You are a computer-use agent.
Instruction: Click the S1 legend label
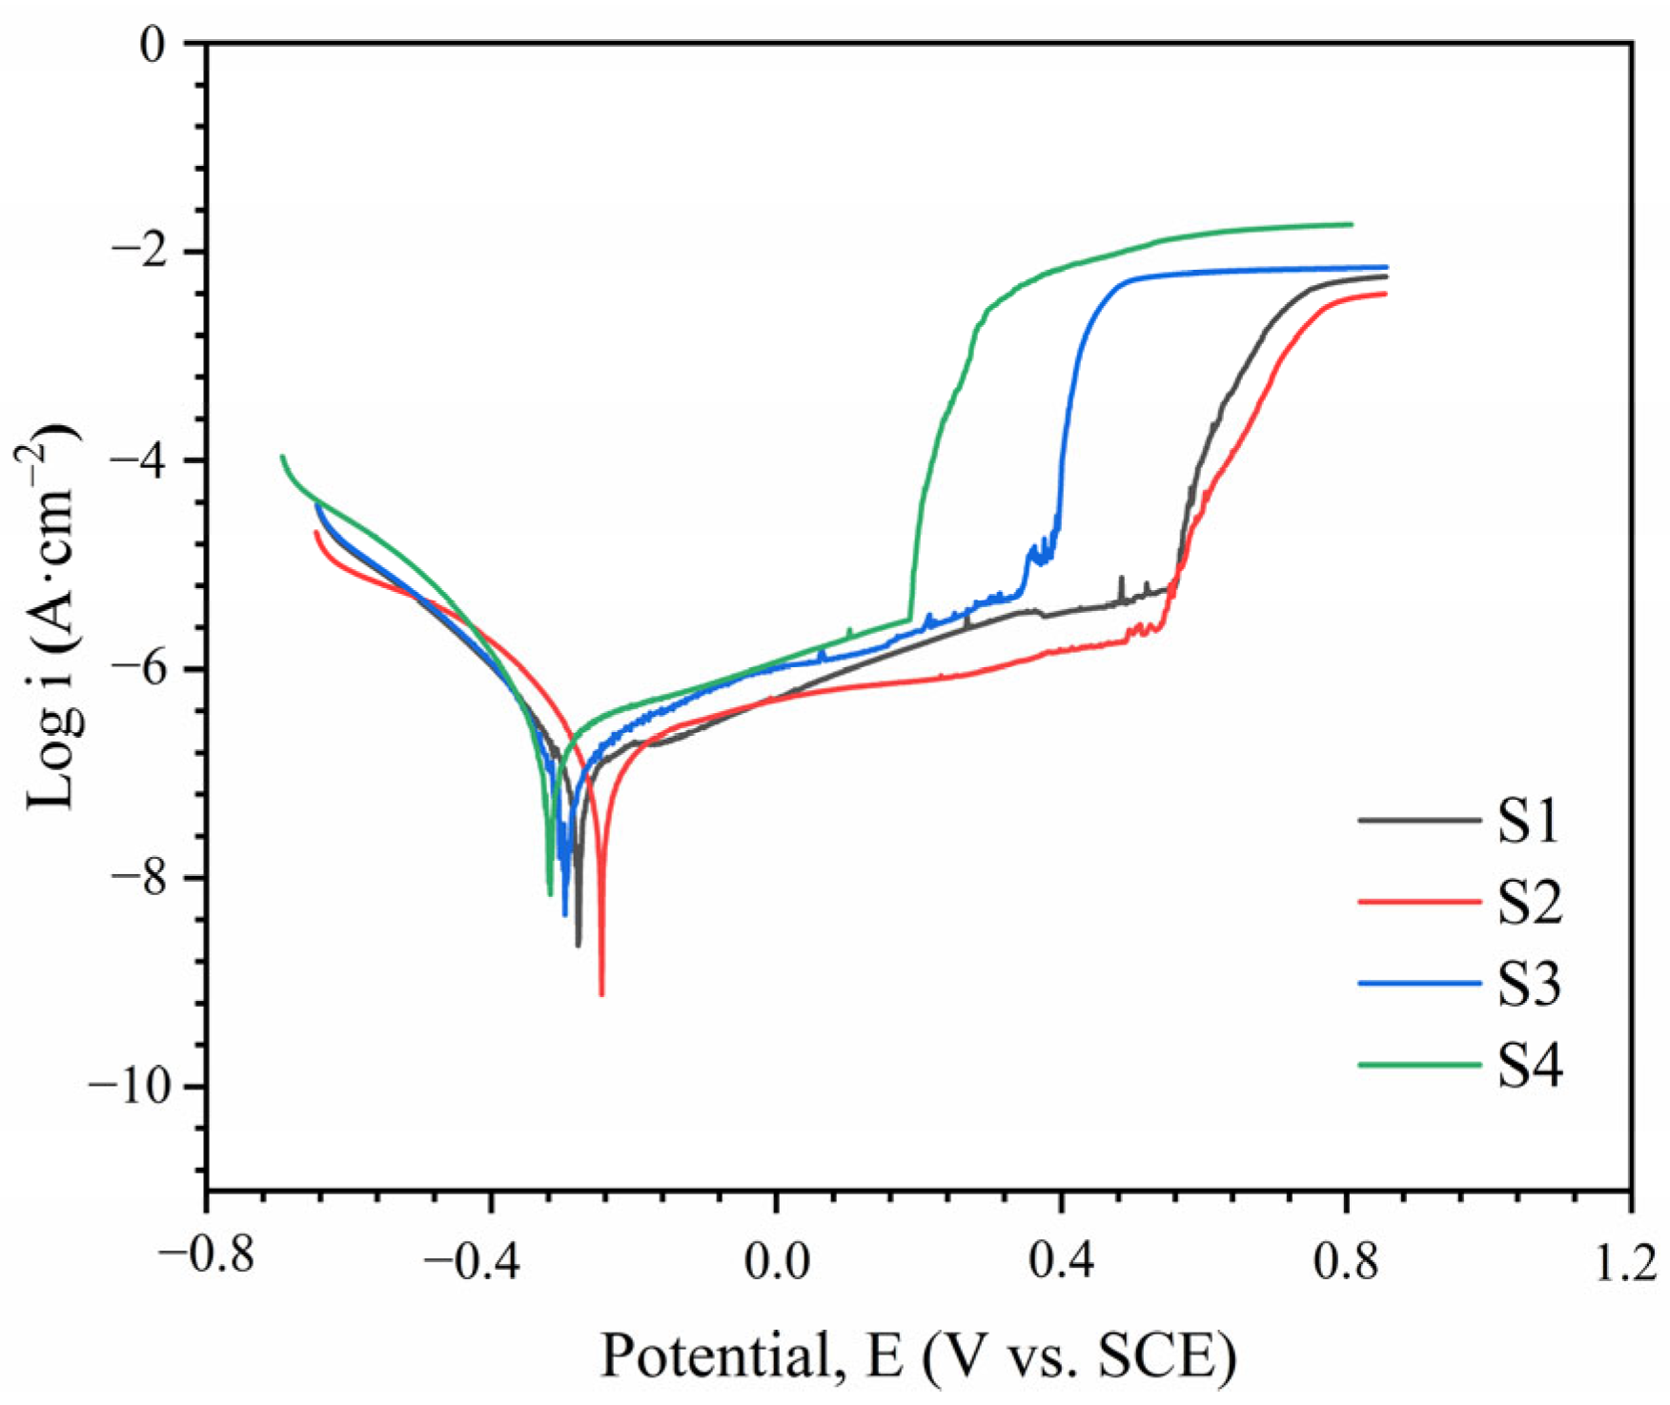tap(1528, 821)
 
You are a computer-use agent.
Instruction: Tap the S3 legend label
tap(1528, 984)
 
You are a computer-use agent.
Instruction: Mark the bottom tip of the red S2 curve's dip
tap(601, 994)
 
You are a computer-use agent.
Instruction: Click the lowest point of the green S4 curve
tap(550, 894)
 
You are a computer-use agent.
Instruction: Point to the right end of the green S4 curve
tap(1351, 225)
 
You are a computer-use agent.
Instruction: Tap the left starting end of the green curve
tap(282, 457)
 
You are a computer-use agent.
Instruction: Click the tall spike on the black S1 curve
tap(1121, 579)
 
